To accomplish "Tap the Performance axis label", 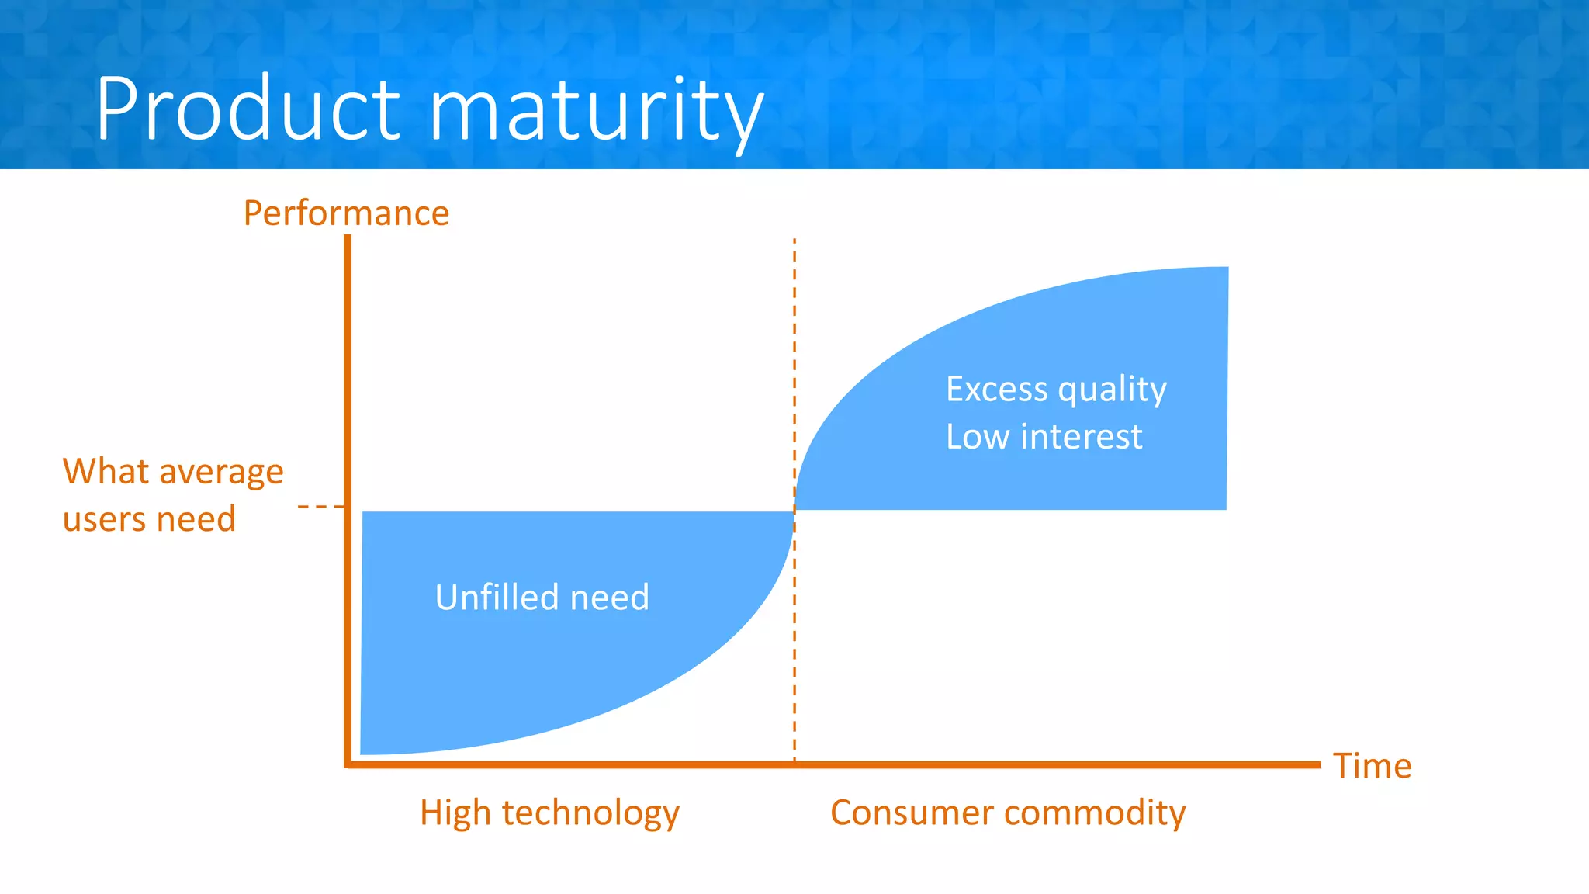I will point(346,213).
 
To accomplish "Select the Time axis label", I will point(1372,766).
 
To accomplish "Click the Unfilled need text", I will point(542,598).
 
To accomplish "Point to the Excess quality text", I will point(1055,390).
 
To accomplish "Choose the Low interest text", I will point(1044,437).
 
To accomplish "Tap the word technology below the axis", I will point(590,814).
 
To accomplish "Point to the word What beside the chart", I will point(106,471).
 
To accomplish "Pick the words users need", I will point(149,519).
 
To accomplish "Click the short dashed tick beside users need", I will point(320,507).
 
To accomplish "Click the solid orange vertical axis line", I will point(348,388).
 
